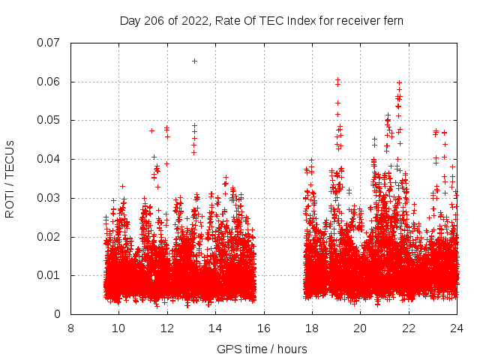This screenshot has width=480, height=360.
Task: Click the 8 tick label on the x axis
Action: click(70, 328)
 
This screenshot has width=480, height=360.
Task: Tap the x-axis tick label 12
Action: click(167, 328)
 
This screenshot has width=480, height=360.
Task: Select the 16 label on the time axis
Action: click(264, 328)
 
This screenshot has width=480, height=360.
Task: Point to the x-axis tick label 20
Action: click(361, 328)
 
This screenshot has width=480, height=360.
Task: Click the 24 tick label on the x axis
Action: click(457, 328)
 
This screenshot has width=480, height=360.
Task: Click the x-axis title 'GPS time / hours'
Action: click(263, 349)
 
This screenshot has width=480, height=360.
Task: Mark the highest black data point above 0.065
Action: click(194, 61)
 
